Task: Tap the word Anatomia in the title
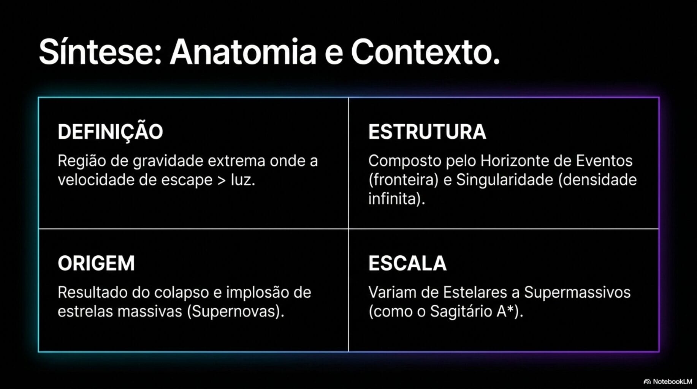(243, 52)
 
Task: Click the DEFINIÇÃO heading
(110, 132)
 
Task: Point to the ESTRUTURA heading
(427, 132)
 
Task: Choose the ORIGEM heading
(96, 263)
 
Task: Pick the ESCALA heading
(407, 263)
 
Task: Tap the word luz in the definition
(242, 180)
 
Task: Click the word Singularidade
(504, 180)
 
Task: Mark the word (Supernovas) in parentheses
(235, 312)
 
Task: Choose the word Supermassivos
(577, 293)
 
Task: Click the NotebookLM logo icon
(647, 381)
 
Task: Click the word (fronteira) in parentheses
(404, 180)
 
